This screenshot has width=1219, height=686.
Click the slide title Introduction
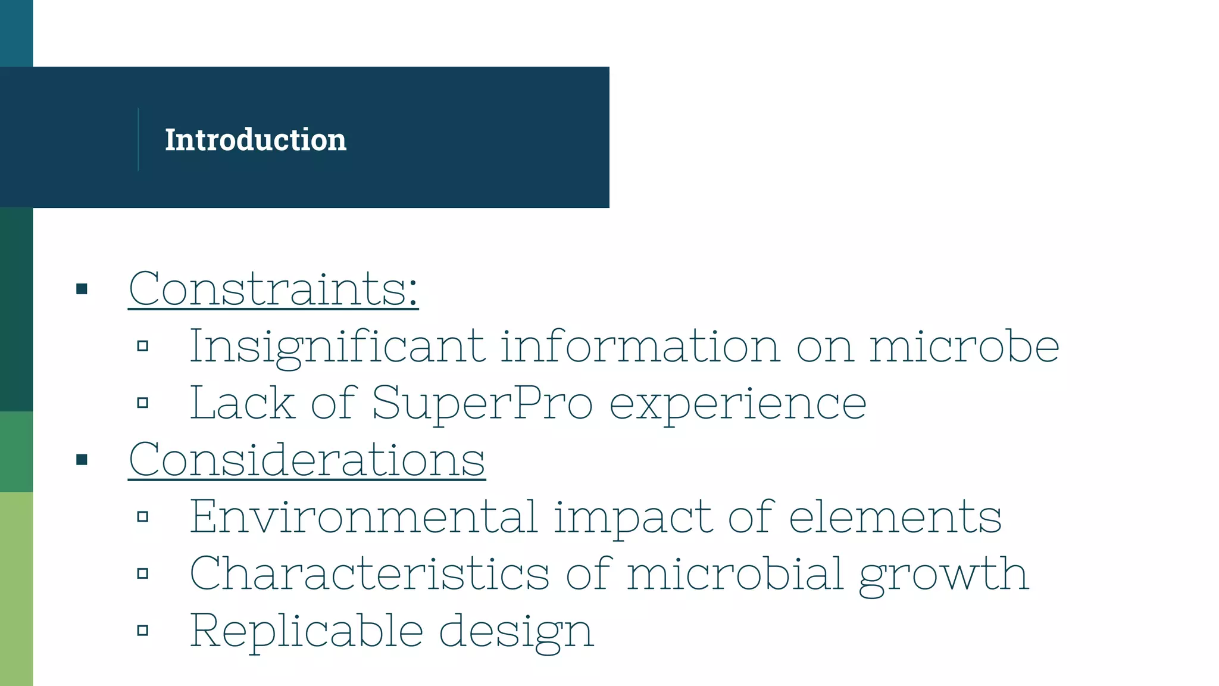pyautogui.click(x=255, y=140)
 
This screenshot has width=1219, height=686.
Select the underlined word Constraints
pyautogui.click(x=273, y=289)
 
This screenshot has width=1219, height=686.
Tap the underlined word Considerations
pyautogui.click(x=307, y=460)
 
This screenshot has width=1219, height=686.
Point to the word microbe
pyautogui.click(x=964, y=347)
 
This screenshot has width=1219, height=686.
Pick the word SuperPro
pyautogui.click(x=482, y=404)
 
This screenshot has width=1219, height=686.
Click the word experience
pyautogui.click(x=738, y=404)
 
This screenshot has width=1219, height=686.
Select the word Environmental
pyautogui.click(x=364, y=517)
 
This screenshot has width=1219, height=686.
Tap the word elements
pyautogui.click(x=895, y=517)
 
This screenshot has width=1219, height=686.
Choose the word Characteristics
pyautogui.click(x=369, y=574)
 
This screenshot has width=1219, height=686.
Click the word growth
pyautogui.click(x=944, y=574)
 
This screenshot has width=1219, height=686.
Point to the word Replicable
pyautogui.click(x=306, y=631)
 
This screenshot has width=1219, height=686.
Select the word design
pyautogui.click(x=516, y=631)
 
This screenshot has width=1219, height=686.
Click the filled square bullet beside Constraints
pyautogui.click(x=82, y=289)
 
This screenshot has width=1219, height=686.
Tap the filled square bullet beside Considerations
pyautogui.click(x=82, y=460)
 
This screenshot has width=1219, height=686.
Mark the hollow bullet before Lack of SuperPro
pyautogui.click(x=142, y=403)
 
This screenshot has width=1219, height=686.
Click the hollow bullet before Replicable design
pyautogui.click(x=142, y=631)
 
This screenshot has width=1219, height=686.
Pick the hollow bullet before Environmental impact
pyautogui.click(x=142, y=516)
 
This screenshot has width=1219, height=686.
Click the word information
pyautogui.click(x=640, y=347)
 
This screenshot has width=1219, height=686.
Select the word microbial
pyautogui.click(x=735, y=574)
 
